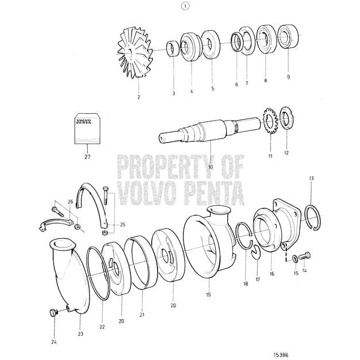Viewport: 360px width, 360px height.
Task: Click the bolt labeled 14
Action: pyautogui.click(x=305, y=255)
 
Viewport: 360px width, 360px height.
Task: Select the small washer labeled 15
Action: pyautogui.click(x=295, y=258)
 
